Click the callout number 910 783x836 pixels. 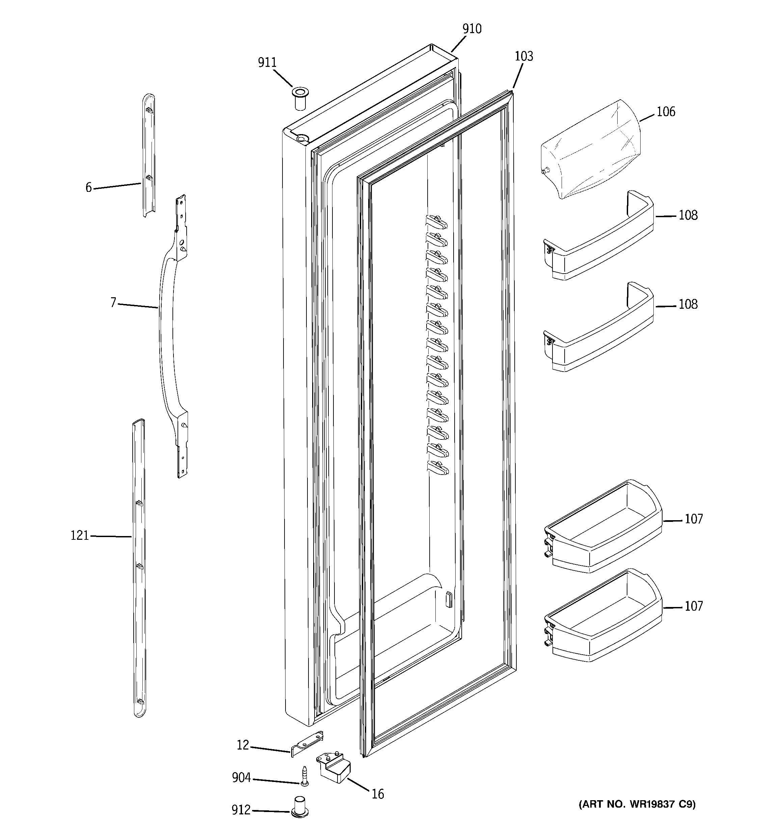click(x=471, y=29)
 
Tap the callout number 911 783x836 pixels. click(x=267, y=63)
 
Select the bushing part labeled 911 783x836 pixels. click(x=300, y=99)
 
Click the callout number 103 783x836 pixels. click(x=524, y=56)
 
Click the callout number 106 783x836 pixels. click(x=666, y=112)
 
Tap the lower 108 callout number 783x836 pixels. click(x=688, y=304)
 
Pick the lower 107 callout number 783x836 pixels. click(x=694, y=606)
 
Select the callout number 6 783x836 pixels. click(x=88, y=187)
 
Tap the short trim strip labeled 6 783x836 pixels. click(x=149, y=156)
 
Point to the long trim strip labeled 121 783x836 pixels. click(x=139, y=568)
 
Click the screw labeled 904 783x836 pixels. click(x=304, y=776)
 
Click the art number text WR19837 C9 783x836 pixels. click(x=637, y=805)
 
